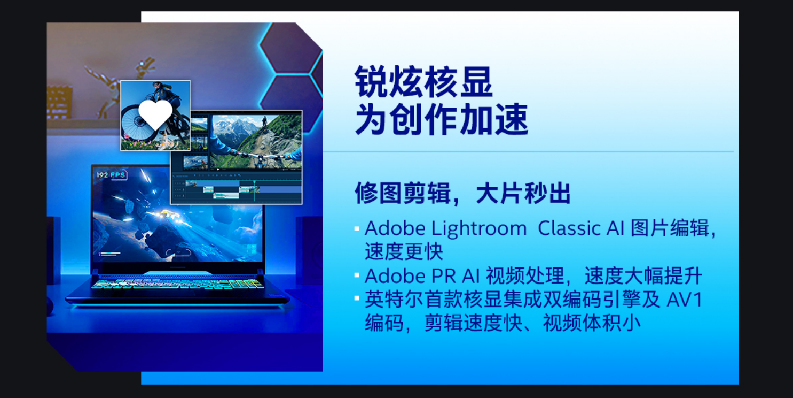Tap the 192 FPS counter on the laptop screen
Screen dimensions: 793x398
pyautogui.click(x=111, y=175)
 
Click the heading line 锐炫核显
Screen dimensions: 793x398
pyautogui.click(x=423, y=82)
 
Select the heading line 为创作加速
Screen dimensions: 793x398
pyautogui.click(x=441, y=119)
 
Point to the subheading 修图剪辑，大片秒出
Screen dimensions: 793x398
pyautogui.click(x=462, y=194)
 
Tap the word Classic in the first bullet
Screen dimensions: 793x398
pyautogui.click(x=569, y=228)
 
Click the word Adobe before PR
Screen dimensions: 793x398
pyautogui.click(x=395, y=276)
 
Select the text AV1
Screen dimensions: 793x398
pyautogui.click(x=684, y=300)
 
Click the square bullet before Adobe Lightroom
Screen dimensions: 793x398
pyautogui.click(x=357, y=229)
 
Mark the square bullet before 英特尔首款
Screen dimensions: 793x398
pyautogui.click(x=357, y=298)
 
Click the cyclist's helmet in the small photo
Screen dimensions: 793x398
pyautogui.click(x=158, y=86)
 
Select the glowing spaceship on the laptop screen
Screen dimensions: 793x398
pyautogui.click(x=165, y=214)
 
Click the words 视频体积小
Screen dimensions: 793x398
pyautogui.click(x=592, y=323)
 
